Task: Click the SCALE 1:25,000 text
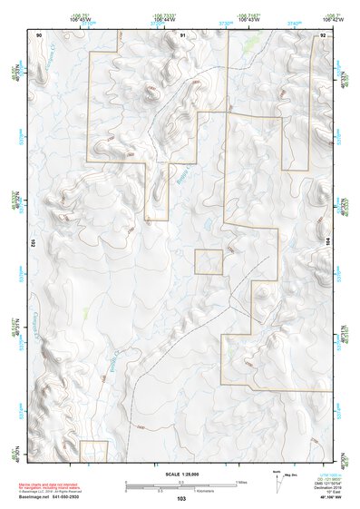[x=180, y=474]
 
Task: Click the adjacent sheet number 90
[x=39, y=34]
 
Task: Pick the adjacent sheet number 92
[x=323, y=34]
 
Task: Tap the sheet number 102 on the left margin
[x=32, y=243]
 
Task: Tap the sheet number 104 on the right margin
[x=328, y=243]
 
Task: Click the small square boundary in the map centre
[x=209, y=262]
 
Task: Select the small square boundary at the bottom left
[x=93, y=451]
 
